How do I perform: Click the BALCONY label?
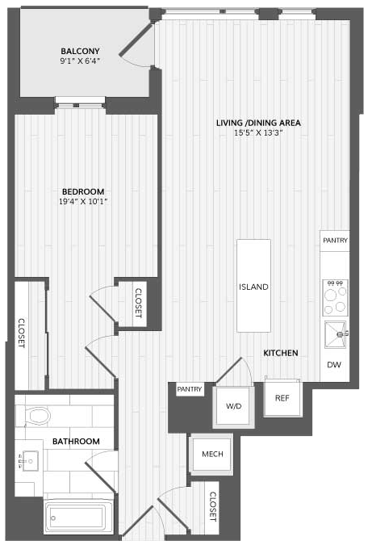pos(80,51)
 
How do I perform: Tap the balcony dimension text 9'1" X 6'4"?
pos(80,61)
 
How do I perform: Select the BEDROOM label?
pos(83,191)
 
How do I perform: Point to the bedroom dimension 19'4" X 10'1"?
pos(83,201)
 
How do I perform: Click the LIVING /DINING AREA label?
pos(258,123)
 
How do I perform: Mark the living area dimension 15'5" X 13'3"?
pos(258,132)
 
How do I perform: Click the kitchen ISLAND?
pos(253,286)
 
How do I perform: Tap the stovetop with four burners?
pos(335,297)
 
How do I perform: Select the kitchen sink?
pos(336,334)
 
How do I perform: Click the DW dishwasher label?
pos(334,365)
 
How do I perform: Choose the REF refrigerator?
pos(282,398)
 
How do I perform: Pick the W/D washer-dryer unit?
pos(233,406)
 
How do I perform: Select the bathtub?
pos(78,518)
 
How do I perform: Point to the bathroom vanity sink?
pos(30,461)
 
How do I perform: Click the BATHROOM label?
pos(76,442)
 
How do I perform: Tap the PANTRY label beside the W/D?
pos(190,389)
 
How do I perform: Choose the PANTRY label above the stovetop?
pos(335,240)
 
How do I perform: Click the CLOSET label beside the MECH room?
pos(213,506)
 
